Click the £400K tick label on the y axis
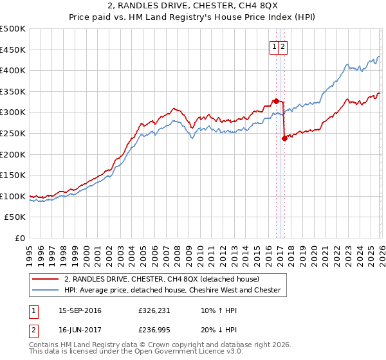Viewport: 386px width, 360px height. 13,70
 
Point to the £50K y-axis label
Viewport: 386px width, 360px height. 15,217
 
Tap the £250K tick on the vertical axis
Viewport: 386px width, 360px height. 13,133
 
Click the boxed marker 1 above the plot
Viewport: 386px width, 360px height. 274,46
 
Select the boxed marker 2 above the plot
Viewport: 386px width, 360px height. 283,46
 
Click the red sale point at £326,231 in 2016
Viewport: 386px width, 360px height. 276,100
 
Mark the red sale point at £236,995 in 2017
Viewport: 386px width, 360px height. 284,138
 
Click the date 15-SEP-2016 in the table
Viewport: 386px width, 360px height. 80,311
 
